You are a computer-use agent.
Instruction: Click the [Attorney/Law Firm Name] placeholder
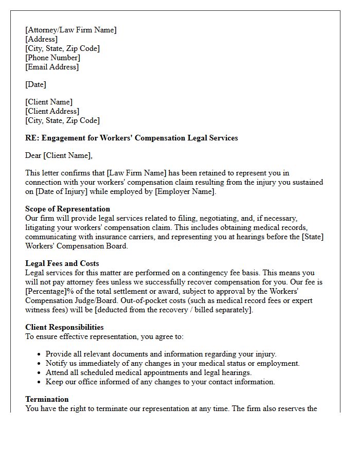[x=71, y=30]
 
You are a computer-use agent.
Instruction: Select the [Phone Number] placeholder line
[x=52, y=58]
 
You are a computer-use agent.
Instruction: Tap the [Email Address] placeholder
[x=52, y=67]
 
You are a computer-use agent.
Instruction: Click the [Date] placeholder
[x=35, y=84]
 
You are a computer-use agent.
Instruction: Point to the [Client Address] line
[x=52, y=111]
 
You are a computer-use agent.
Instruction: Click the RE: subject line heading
[x=131, y=138]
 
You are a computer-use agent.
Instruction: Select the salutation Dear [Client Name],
[x=59, y=155]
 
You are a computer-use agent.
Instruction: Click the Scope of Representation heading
[x=67, y=209]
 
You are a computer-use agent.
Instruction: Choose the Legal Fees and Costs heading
[x=62, y=263]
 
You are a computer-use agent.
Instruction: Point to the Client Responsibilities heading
[x=64, y=327]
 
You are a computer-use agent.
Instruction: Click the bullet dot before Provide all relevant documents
[x=40, y=354]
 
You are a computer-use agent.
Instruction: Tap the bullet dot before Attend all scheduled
[x=40, y=373]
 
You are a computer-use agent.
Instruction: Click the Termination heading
[x=47, y=399]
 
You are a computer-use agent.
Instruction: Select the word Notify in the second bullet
[x=57, y=363]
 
